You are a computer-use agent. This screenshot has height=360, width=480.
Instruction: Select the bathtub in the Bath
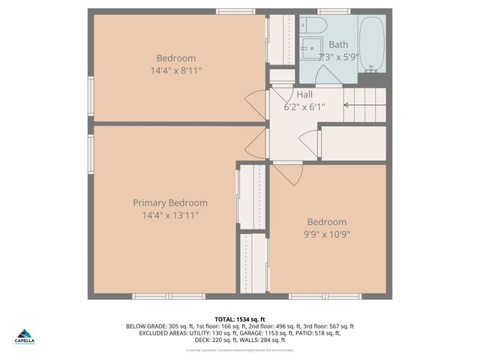(x=370, y=44)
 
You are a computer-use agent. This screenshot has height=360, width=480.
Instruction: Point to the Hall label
(x=304, y=94)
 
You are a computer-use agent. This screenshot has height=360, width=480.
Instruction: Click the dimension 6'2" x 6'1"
(x=304, y=106)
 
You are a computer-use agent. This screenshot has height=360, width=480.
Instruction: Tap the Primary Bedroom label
(x=170, y=202)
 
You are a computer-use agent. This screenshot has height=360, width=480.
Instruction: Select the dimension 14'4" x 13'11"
(x=170, y=215)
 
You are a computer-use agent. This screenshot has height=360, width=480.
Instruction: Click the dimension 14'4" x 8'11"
(x=176, y=70)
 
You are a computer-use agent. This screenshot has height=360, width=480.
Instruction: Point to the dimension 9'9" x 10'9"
(x=327, y=234)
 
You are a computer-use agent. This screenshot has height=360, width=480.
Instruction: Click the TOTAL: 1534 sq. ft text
(x=240, y=319)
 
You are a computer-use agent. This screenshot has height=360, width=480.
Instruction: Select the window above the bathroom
(x=334, y=11)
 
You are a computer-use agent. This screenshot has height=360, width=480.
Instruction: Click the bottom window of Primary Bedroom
(x=169, y=296)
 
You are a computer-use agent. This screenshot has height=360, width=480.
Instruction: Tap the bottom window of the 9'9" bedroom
(x=325, y=296)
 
